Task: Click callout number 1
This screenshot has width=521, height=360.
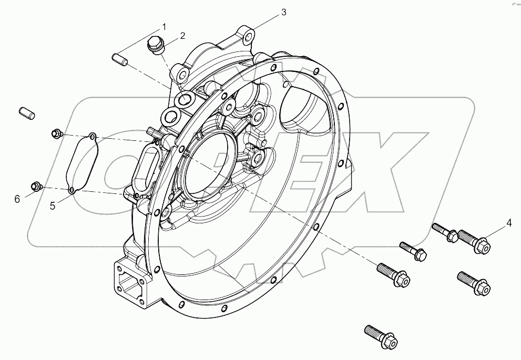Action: (164, 27)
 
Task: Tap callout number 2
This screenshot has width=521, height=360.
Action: (182, 36)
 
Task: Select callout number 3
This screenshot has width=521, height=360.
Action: (283, 12)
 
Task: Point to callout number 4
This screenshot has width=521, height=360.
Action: (508, 222)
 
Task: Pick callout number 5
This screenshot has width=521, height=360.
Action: (53, 205)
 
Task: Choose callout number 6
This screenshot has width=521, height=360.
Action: (17, 199)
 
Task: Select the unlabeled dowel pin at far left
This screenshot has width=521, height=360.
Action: (26, 112)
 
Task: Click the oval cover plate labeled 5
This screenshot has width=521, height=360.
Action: (83, 163)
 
